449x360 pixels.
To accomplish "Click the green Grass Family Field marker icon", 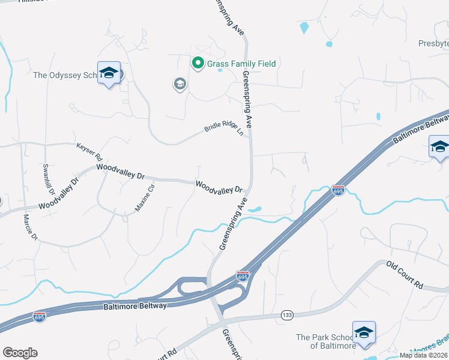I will pyautogui.click(x=197, y=62).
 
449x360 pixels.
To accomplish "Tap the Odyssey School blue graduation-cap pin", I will pyautogui.click(x=109, y=73).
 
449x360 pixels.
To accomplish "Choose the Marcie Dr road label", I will pyautogui.click(x=30, y=227).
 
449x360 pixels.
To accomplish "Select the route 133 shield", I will pyautogui.click(x=286, y=314).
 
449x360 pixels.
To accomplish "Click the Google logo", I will pyautogui.click(x=20, y=353).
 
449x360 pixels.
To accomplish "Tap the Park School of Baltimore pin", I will pyautogui.click(x=364, y=334).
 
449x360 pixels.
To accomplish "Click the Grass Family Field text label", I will pyautogui.click(x=241, y=64).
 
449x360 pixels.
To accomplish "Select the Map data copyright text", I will pyautogui.click(x=424, y=355).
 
